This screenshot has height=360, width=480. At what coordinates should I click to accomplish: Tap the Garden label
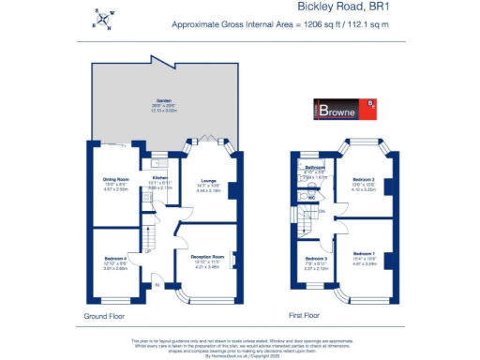click(165, 104)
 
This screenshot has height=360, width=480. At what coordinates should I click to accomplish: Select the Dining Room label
click(115, 180)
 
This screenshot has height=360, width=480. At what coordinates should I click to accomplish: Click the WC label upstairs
click(309, 198)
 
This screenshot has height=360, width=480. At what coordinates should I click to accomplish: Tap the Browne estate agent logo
click(346, 112)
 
